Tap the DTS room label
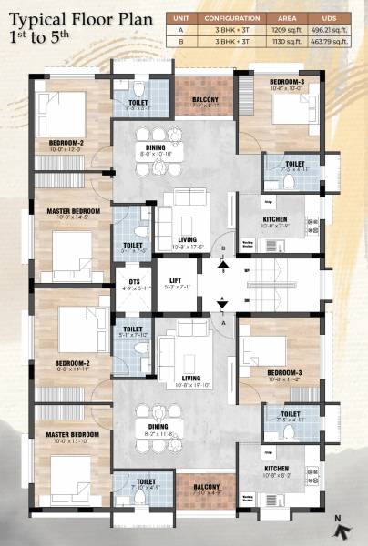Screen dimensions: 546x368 coord(133,280)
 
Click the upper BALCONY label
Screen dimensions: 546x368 coord(204,100)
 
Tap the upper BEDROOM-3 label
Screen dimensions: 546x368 coord(287,82)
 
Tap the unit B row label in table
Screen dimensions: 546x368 coord(182,40)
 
